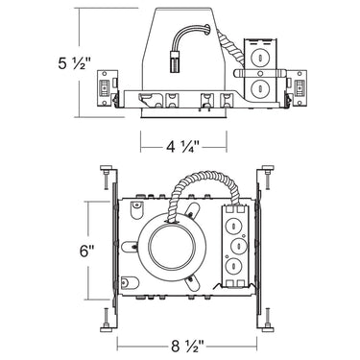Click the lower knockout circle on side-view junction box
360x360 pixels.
pyautogui.click(x=257, y=86)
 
